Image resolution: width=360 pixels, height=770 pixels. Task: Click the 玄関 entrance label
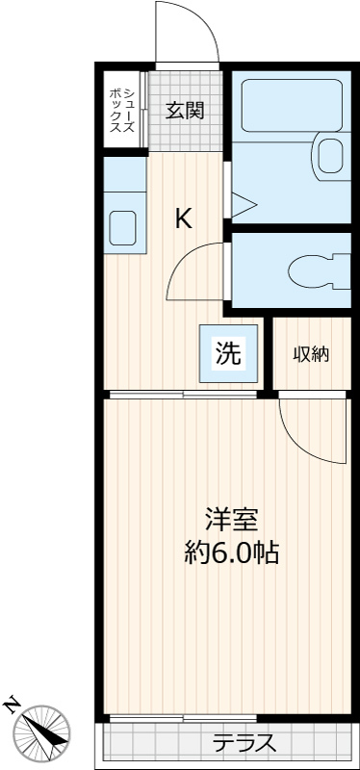[185, 110]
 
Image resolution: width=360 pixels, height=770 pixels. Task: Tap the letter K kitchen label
[183, 218]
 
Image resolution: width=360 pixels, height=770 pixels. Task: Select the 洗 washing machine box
[227, 352]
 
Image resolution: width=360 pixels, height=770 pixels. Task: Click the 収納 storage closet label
[311, 353]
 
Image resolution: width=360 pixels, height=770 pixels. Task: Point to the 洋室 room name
[231, 519]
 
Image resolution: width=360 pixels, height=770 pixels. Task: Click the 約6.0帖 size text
[231, 552]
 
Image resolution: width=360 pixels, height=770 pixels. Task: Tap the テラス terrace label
[244, 743]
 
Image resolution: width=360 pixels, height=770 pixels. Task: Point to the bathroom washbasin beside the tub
[329, 153]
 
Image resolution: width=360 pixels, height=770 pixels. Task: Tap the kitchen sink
[123, 227]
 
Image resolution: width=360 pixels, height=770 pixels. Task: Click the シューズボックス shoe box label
[122, 110]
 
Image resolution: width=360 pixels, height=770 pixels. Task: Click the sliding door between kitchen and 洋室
[183, 394]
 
